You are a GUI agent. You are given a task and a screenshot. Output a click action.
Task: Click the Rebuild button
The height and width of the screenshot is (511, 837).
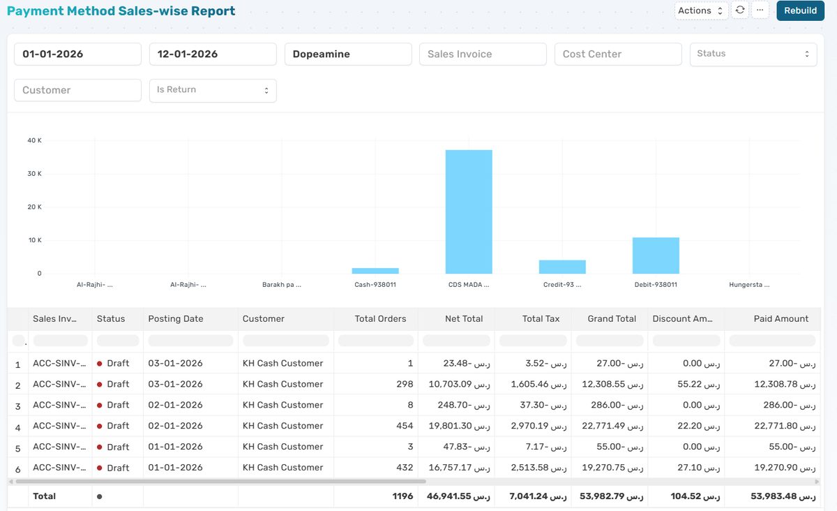[800, 10]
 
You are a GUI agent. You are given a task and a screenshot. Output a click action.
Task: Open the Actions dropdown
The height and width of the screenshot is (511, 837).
[701, 10]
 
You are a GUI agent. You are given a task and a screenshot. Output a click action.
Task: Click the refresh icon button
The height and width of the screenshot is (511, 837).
[740, 10]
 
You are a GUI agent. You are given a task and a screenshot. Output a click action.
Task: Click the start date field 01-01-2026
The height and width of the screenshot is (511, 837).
[77, 54]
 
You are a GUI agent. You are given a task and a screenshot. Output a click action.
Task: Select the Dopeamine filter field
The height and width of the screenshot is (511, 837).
[348, 54]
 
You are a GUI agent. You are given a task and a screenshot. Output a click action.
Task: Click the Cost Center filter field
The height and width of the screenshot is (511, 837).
[617, 54]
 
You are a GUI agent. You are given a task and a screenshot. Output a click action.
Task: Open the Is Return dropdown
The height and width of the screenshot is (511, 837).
[213, 90]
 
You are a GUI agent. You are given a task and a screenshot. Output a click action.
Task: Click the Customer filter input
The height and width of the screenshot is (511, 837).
[77, 90]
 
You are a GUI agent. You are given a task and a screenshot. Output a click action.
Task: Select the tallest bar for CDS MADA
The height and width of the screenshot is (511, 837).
[469, 212]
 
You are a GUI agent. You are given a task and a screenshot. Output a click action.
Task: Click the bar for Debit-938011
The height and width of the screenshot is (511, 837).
[656, 256]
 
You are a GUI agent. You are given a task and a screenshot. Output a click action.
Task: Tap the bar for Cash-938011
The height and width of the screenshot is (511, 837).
[375, 271]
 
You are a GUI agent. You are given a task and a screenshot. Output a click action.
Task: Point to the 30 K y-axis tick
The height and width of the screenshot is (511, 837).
[35, 174]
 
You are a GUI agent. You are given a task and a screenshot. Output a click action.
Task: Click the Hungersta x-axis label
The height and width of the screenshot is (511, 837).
[749, 285]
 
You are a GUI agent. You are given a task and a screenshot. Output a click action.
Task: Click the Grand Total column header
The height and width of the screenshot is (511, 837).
[611, 319]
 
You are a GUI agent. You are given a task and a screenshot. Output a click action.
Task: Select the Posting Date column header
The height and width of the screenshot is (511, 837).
[176, 319]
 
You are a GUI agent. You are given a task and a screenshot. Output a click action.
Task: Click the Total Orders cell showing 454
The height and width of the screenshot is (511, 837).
[404, 426]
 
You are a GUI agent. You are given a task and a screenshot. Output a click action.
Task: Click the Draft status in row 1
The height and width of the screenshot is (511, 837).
[117, 364]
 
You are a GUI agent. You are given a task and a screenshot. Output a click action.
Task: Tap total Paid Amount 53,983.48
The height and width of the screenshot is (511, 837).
[783, 496]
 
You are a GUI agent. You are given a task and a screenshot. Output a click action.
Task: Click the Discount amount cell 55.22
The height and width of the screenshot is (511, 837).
[701, 385]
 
